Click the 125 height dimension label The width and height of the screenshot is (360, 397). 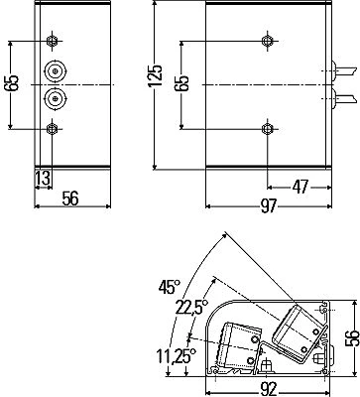[157, 76]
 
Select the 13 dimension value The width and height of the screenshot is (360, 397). [43, 179]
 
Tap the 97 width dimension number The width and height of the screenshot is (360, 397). [268, 206]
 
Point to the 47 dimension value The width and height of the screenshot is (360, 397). [300, 187]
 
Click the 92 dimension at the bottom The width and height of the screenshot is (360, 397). [268, 390]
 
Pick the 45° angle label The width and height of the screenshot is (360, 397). [170, 287]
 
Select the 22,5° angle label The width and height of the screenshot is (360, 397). [191, 307]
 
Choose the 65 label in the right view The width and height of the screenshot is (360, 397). [182, 83]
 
